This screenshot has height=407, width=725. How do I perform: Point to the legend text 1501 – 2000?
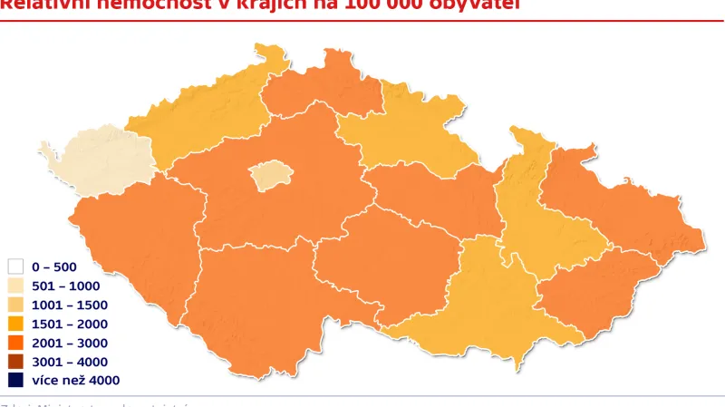(x=69, y=325)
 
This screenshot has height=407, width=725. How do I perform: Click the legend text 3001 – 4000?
(x=69, y=363)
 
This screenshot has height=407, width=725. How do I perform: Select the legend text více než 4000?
(x=74, y=382)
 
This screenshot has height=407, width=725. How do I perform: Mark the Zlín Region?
(x=589, y=290)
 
